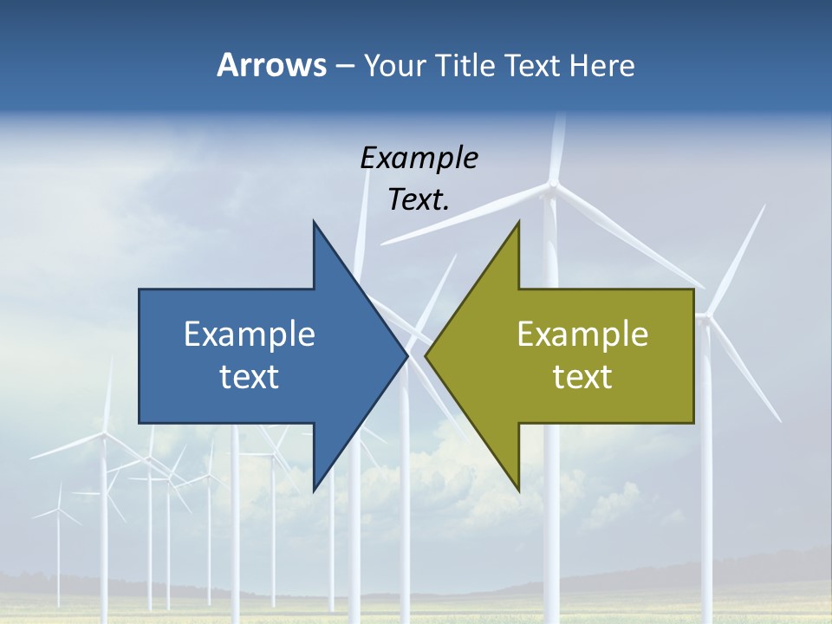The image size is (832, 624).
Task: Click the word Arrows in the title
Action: click(271, 65)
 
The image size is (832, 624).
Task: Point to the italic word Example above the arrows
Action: click(419, 158)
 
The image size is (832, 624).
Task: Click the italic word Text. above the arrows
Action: click(419, 199)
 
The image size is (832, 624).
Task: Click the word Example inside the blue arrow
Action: click(250, 334)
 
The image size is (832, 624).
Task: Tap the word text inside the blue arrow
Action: click(250, 376)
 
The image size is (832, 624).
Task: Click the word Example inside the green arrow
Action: click(582, 334)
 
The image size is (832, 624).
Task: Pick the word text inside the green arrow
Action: click(582, 376)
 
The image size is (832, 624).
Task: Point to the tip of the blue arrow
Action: click(406, 355)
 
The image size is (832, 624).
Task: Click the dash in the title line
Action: click(343, 66)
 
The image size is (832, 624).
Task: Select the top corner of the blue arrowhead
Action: click(314, 222)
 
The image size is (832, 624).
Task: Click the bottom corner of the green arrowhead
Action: click(518, 490)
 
